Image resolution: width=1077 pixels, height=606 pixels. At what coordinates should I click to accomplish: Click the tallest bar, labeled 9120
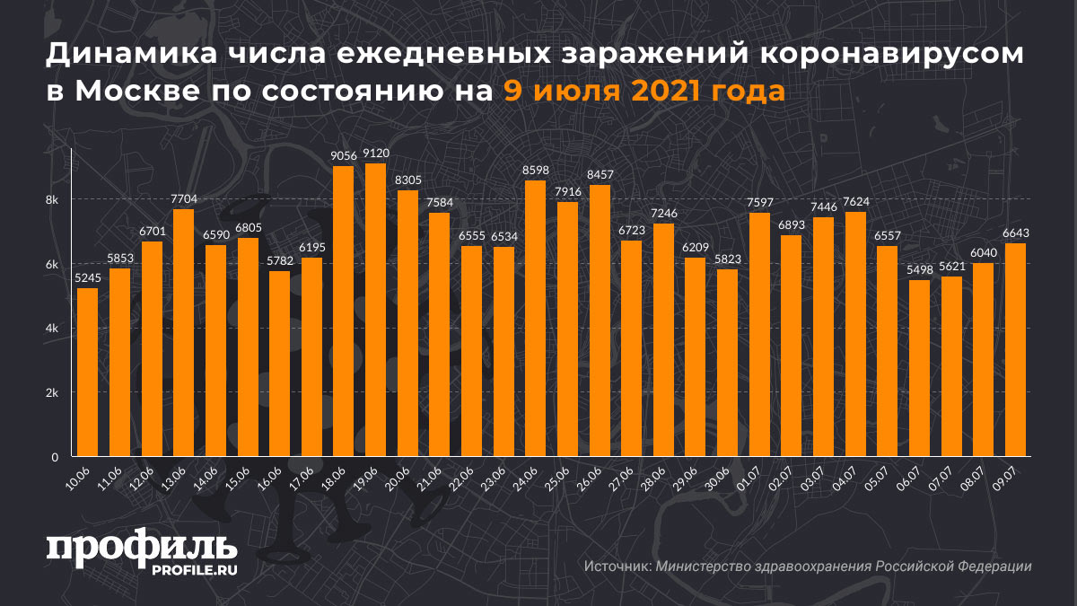(x=375, y=310)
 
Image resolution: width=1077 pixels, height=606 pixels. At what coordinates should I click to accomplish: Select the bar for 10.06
(x=87, y=372)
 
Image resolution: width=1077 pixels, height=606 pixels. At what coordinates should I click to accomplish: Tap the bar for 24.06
(x=535, y=318)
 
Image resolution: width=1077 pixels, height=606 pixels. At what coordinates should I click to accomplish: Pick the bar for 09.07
(x=1015, y=350)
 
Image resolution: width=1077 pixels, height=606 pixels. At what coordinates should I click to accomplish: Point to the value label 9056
(x=343, y=156)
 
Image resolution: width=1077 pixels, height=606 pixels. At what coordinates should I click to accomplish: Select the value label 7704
(x=183, y=199)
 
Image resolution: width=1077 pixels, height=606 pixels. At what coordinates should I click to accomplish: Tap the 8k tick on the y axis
(x=52, y=199)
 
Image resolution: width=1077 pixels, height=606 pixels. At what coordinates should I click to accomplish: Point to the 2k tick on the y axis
(x=52, y=393)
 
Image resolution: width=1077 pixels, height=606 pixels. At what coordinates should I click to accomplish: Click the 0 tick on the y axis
(x=56, y=457)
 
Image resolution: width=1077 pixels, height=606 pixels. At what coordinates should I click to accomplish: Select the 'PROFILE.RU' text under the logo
(x=194, y=570)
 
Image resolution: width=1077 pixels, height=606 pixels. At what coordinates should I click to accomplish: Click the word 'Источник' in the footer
(x=617, y=567)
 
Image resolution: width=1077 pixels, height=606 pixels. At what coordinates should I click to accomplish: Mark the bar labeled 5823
(x=727, y=363)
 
